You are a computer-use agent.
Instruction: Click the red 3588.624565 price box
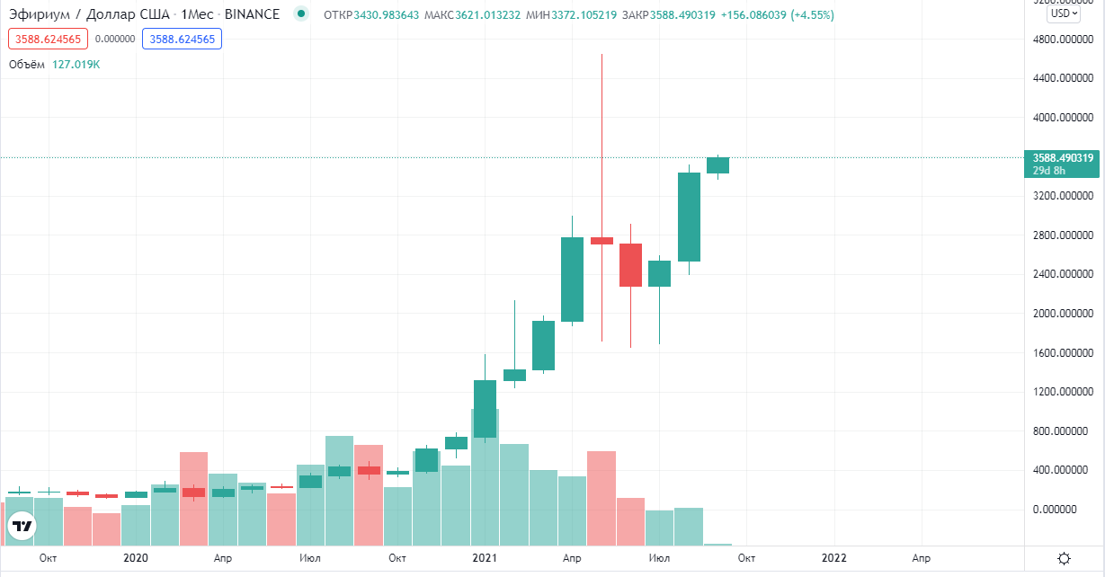(49, 39)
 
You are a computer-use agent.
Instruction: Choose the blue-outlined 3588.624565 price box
(182, 39)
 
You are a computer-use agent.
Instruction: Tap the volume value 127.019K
(76, 64)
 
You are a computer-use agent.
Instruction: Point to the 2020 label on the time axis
(135, 558)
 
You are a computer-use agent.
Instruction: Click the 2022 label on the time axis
(833, 558)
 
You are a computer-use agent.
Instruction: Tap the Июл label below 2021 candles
(659, 558)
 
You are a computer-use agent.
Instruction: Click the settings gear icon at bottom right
(1064, 559)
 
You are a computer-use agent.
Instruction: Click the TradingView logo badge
(22, 526)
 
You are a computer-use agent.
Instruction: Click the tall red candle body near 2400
(630, 265)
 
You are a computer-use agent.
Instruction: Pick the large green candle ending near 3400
(689, 217)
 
